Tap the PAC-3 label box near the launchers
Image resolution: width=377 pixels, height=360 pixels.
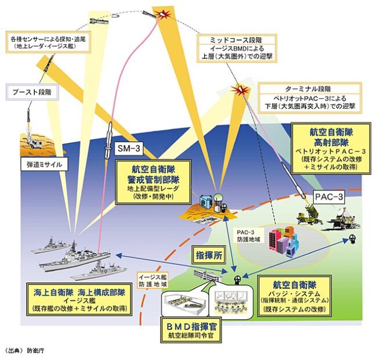(329, 196)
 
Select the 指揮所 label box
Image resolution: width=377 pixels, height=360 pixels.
(205, 254)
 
